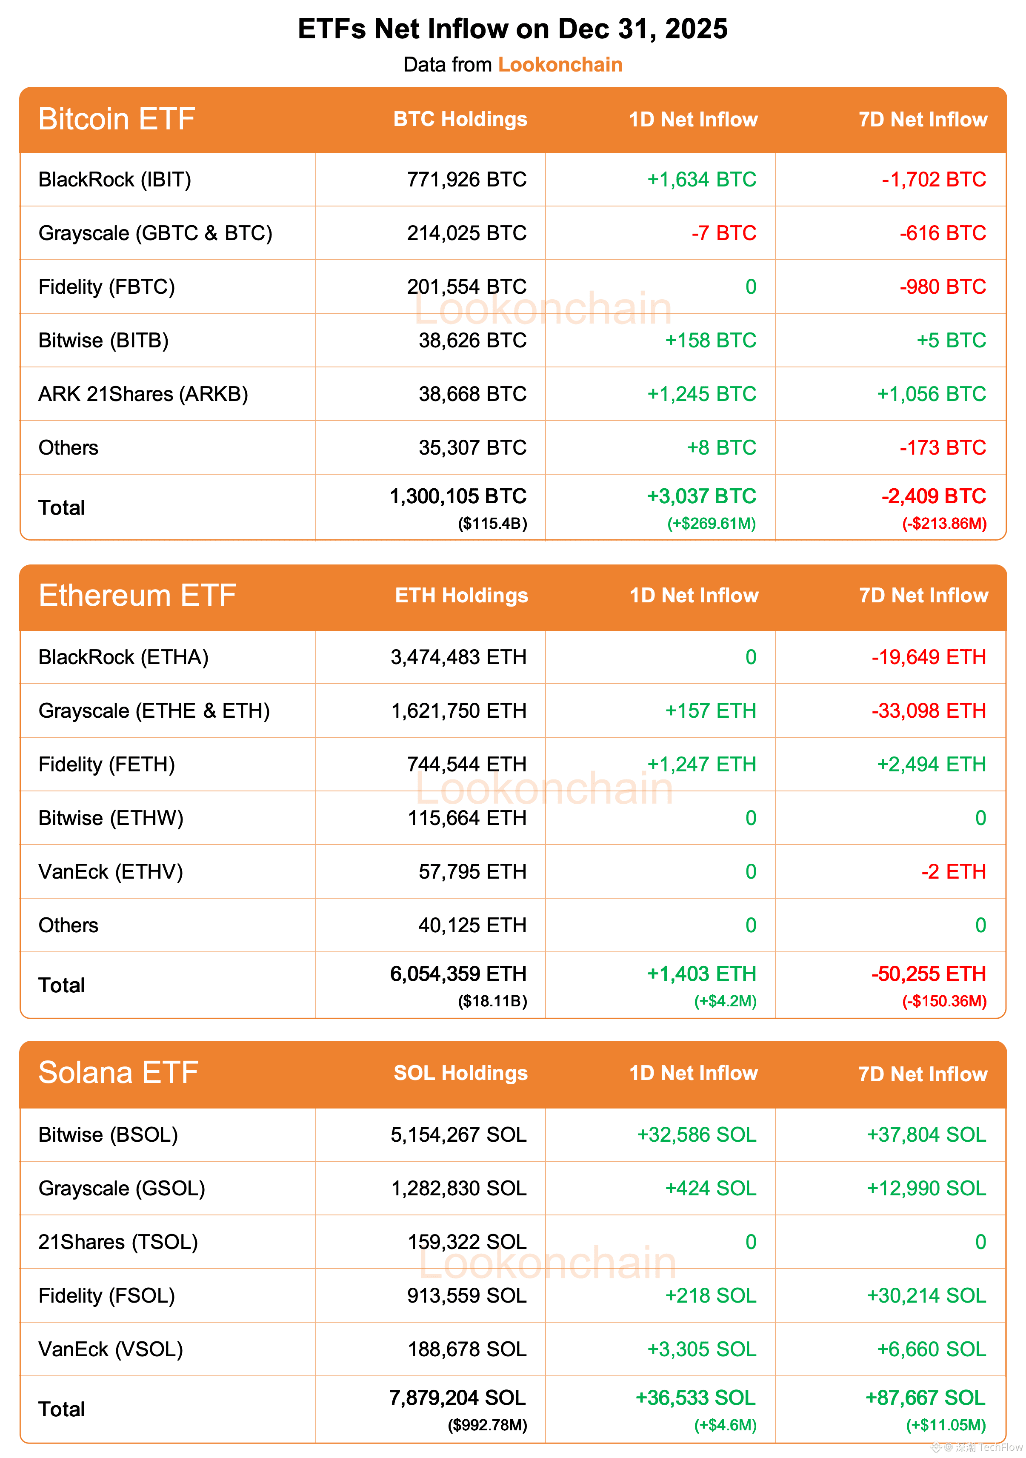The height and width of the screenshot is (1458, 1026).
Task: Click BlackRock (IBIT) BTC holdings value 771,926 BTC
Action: pyautogui.click(x=467, y=180)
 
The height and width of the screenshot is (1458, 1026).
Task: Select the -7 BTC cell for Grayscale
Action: pyautogui.click(x=724, y=233)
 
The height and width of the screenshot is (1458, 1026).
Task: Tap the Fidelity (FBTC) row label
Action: pyautogui.click(x=107, y=287)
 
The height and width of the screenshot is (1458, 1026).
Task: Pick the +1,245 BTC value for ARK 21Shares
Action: pyautogui.click(x=702, y=394)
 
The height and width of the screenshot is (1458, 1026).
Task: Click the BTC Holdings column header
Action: pyautogui.click(x=460, y=119)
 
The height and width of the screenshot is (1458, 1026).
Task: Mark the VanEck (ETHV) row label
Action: pyautogui.click(x=111, y=872)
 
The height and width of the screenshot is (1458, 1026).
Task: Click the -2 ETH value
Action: pyautogui.click(x=954, y=872)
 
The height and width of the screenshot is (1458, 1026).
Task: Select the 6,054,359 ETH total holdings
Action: pyautogui.click(x=458, y=974)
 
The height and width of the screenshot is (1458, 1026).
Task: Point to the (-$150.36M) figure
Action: pyautogui.click(x=944, y=1001)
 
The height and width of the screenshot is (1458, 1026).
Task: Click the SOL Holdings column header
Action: pyautogui.click(x=460, y=1073)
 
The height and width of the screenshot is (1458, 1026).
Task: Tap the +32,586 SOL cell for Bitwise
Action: pyautogui.click(x=697, y=1135)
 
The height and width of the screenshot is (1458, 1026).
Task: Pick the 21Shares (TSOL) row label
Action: pyautogui.click(x=118, y=1242)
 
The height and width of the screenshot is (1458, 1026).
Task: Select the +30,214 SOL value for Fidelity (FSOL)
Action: pyautogui.click(x=926, y=1296)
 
